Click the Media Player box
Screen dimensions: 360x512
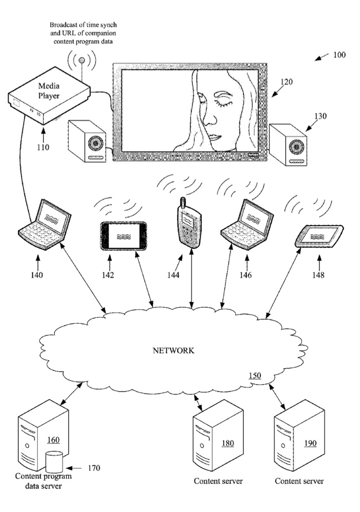(49, 96)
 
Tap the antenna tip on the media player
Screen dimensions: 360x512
(82, 60)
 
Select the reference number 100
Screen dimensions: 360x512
(339, 55)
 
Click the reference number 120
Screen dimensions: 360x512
(286, 81)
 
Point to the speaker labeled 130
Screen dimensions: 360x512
(288, 144)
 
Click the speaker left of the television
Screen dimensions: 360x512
(87, 141)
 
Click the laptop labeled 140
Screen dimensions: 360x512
(45, 224)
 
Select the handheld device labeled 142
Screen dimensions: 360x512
(124, 236)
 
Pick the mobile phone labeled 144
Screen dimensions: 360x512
(188, 224)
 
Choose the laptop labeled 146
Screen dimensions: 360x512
(248, 224)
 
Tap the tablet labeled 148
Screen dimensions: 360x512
(319, 236)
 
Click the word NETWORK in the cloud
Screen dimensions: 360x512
(173, 350)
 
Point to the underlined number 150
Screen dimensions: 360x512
(255, 375)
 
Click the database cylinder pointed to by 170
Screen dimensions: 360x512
(54, 462)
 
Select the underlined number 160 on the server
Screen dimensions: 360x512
(53, 440)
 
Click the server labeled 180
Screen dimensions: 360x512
(218, 435)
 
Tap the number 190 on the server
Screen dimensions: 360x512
(310, 443)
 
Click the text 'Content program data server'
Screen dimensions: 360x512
(43, 481)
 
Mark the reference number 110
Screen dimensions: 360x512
(43, 147)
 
